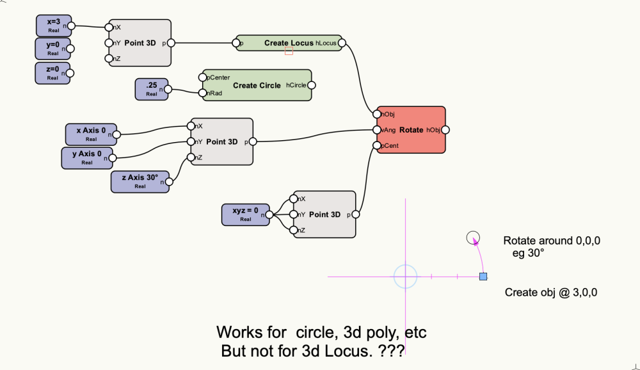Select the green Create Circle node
click(256, 85)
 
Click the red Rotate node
click(411, 130)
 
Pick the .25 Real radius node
click(151, 89)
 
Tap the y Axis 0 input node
click(86, 157)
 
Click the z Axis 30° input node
click(140, 181)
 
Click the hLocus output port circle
click(341, 44)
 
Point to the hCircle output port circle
click(311, 85)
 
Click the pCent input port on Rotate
click(378, 145)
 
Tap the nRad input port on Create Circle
click(202, 93)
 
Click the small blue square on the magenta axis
click(483, 277)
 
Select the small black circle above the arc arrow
click(472, 237)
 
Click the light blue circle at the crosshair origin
click(405, 277)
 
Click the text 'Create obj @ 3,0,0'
click(551, 293)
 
